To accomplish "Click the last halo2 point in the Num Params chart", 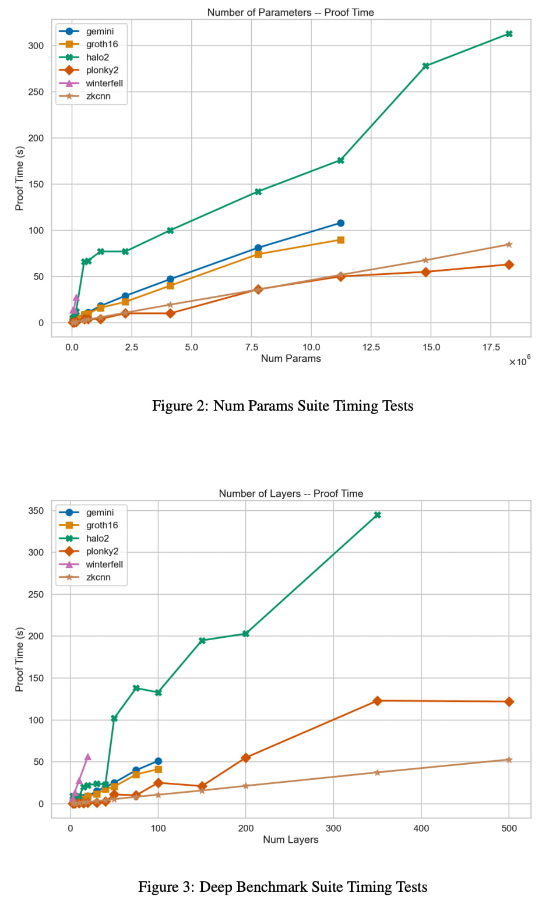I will click(509, 34).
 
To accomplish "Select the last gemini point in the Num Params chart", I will click(340, 223).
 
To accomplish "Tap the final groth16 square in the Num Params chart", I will click(340, 240).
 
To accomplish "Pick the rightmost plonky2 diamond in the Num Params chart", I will click(509, 264).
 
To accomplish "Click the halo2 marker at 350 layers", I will click(377, 515).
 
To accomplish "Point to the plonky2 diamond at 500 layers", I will click(509, 702).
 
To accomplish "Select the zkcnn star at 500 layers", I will click(509, 760).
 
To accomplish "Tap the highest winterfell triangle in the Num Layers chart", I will click(87, 757).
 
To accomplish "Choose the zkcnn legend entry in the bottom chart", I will click(98, 577).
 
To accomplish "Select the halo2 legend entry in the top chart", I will click(97, 57).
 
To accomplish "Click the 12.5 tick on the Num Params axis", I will click(371, 347).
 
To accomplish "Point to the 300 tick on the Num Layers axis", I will click(333, 828).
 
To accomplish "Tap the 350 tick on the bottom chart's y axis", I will click(36, 511).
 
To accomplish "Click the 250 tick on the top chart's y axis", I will click(36, 92).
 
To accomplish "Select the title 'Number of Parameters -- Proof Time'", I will click(290, 12).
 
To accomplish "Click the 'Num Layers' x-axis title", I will click(290, 839).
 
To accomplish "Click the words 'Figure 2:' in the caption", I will click(180, 406).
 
